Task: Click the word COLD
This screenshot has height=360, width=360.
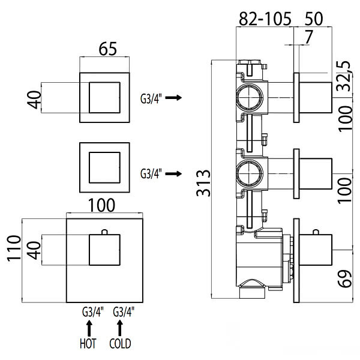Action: point(121,344)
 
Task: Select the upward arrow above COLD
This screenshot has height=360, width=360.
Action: point(121,328)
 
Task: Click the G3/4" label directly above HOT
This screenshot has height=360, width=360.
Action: point(93,312)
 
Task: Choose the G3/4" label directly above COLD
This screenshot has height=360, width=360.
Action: point(124,312)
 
